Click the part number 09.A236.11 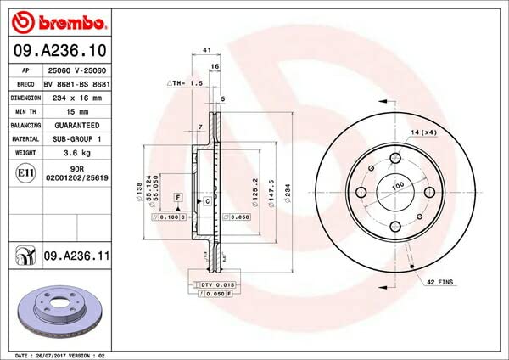tap(81, 254)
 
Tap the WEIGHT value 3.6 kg tap(79, 153)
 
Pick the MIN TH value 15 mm tap(78, 111)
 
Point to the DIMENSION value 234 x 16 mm tap(79, 98)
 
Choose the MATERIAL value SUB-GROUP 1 tap(79, 138)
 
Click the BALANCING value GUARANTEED tap(79, 125)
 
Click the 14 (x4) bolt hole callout tap(424, 134)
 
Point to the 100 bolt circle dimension tap(396, 185)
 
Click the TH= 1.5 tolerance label tap(184, 84)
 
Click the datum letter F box tap(178, 197)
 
